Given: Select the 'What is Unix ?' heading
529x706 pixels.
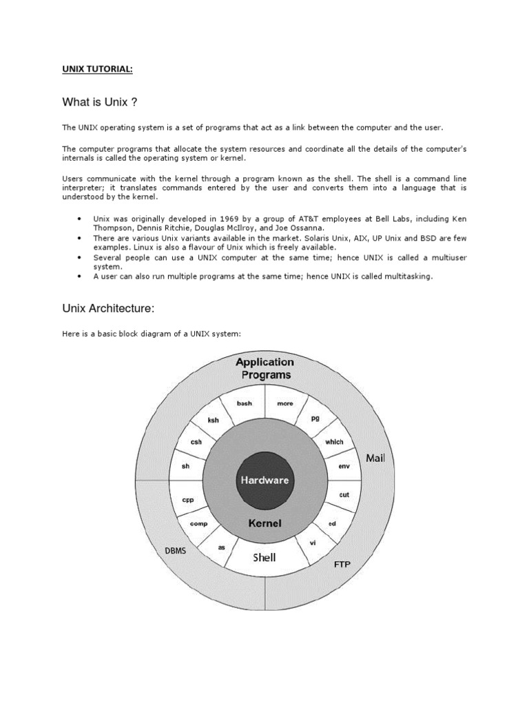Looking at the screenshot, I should tap(100, 103).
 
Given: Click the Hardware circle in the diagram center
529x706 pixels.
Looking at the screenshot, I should tap(264, 480).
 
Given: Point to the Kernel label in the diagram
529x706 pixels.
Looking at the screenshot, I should tap(264, 523).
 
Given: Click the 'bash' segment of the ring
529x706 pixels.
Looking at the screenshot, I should tap(244, 403).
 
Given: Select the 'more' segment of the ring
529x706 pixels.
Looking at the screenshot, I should tap(284, 403).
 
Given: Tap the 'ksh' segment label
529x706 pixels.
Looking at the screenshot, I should tap(214, 419).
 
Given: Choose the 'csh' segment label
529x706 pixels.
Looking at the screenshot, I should tap(196, 442).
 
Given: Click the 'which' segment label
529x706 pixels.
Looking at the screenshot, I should tap(334, 442).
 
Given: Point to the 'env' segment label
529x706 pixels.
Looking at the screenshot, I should tap(344, 467).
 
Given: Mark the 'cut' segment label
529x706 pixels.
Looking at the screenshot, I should tap(344, 495).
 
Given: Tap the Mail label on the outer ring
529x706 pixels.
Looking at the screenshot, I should tap(375, 458).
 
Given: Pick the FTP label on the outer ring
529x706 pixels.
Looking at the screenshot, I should tap(342, 565).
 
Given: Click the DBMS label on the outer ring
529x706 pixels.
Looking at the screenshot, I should tap(175, 552).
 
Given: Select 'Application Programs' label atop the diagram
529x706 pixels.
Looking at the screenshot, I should tap(264, 368).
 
